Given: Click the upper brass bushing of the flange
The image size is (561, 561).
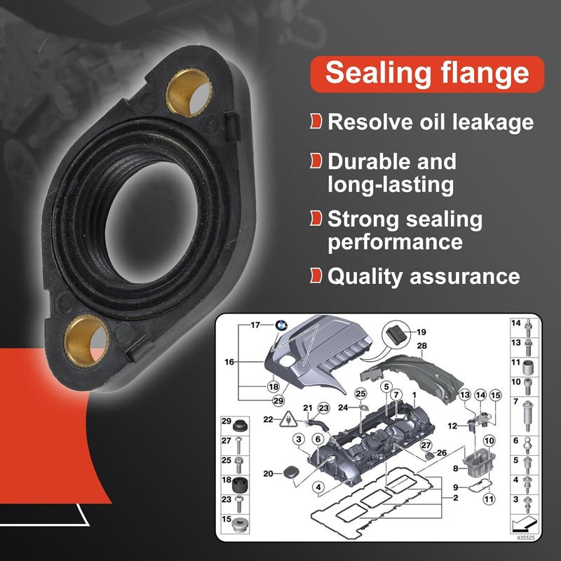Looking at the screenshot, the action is click(189, 93).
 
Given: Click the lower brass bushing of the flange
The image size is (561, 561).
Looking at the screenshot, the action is click(86, 341).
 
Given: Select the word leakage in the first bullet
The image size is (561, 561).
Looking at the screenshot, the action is click(493, 122).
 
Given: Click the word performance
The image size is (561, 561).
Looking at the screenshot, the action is click(395, 243).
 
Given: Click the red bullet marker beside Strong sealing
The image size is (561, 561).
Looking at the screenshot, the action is click(316, 218).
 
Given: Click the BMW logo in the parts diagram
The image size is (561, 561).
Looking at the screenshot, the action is click(281, 325).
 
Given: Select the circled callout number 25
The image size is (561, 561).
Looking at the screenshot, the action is click(360, 394).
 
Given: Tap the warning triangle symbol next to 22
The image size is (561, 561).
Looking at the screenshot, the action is click(288, 419).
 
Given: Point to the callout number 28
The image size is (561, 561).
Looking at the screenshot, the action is click(422, 346).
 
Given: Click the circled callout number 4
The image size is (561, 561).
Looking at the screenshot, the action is click(318, 487).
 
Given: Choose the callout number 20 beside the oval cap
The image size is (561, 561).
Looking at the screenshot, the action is click(268, 473).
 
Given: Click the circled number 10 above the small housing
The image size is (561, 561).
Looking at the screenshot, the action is click(489, 441).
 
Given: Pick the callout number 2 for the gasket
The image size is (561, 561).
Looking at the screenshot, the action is click(455, 497).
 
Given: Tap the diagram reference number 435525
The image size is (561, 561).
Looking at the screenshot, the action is click(525, 537).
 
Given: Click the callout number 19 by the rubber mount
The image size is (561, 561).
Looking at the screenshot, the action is click(421, 332).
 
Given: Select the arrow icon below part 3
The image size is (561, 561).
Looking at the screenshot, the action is click(525, 524).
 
